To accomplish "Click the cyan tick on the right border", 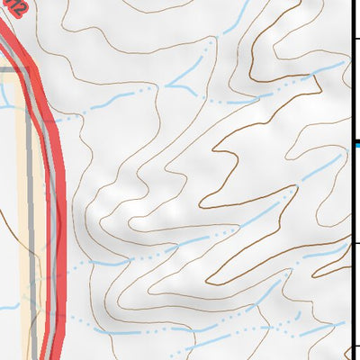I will (x=356, y=143).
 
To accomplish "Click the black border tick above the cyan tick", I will (x=355, y=38).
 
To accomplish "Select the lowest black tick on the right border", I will (x=355, y=346).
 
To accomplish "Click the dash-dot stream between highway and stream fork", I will (x=117, y=97).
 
